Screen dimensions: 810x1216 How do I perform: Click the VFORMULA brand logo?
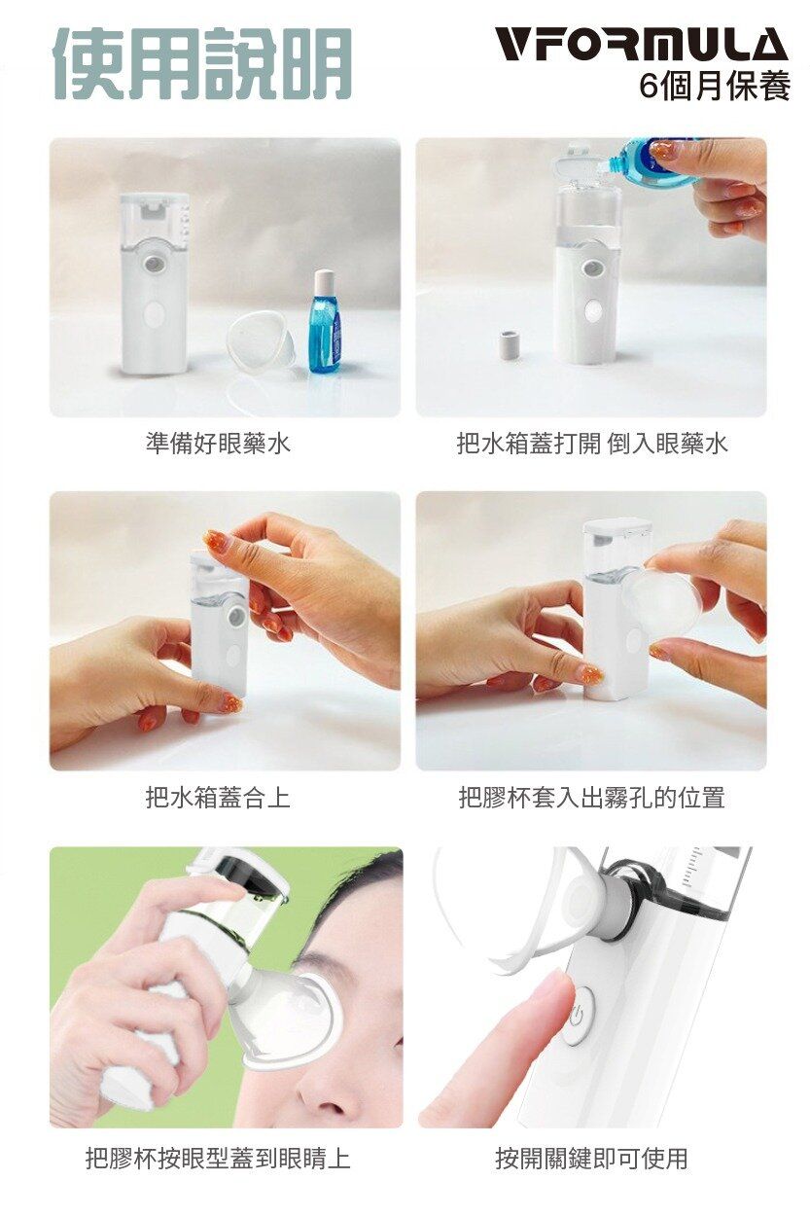point(643,45)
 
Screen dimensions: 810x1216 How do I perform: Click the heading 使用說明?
point(203,63)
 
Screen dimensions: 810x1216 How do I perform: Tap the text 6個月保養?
point(715,86)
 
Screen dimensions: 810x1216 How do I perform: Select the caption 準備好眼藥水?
point(218,444)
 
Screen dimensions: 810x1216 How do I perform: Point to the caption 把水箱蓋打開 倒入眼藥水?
point(592,444)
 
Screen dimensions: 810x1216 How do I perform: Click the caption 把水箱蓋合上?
point(218,798)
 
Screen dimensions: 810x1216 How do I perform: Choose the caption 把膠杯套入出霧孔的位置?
point(592,798)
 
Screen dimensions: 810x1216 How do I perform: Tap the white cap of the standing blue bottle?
point(325,280)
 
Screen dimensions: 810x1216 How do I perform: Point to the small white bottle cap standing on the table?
point(511,347)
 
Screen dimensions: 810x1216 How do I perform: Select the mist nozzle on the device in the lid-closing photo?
point(237,615)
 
